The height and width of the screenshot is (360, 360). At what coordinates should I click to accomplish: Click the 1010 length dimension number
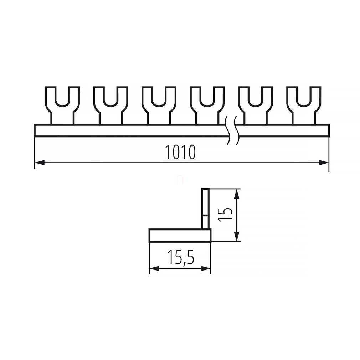[180, 152]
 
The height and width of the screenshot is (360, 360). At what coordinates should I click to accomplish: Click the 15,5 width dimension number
[181, 257]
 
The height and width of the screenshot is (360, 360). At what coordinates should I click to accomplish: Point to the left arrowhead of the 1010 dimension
[40, 163]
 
